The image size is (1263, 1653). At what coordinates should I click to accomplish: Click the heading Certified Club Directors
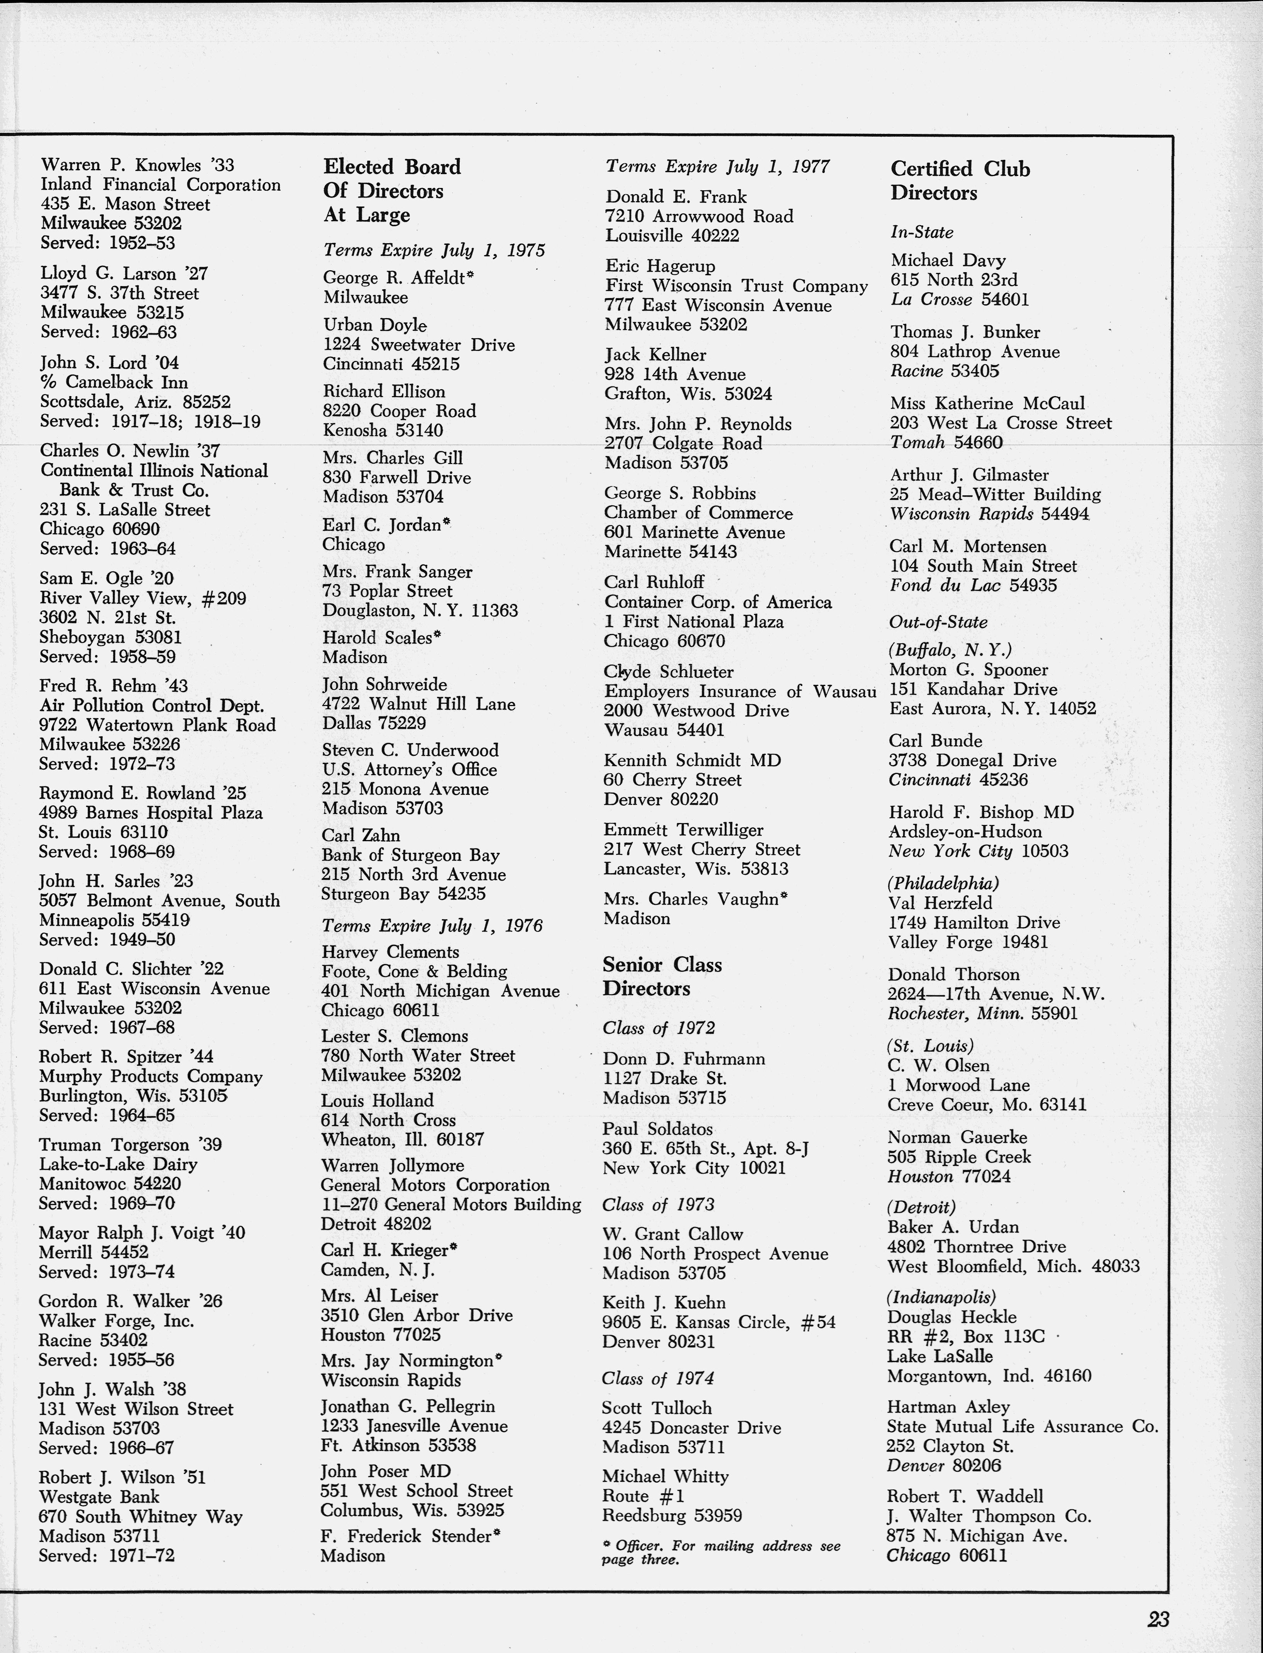pyautogui.click(x=960, y=180)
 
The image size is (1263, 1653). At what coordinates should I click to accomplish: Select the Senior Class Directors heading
pyautogui.click(x=662, y=976)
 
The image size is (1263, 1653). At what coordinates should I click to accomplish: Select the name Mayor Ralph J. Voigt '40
pyautogui.click(x=142, y=1233)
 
